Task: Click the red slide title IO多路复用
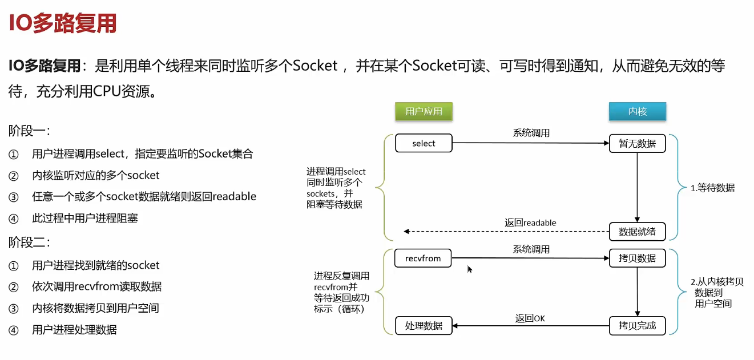63,23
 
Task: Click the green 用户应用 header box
424,111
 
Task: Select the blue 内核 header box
637,111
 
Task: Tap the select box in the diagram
424,143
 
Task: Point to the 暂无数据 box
637,144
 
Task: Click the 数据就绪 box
637,232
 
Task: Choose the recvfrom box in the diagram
423,258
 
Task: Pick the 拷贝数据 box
637,258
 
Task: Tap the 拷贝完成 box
637,326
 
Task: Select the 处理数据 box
424,326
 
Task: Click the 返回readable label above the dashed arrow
530,223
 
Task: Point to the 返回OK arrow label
530,318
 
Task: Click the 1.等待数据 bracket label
712,188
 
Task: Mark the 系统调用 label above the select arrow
531,133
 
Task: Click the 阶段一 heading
29,131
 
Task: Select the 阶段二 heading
29,242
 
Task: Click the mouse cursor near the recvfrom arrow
470,269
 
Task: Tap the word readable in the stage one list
234,196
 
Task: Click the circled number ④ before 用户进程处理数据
14,330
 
